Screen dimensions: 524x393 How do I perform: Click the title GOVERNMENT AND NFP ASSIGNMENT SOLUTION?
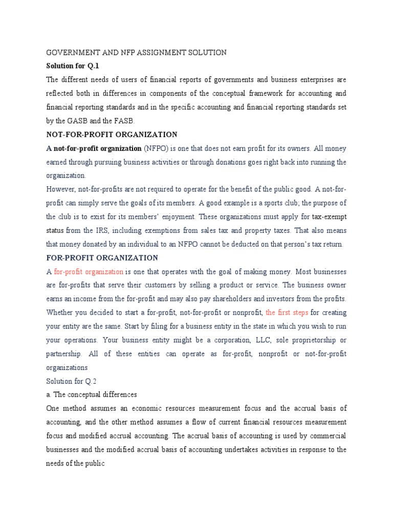point(136,53)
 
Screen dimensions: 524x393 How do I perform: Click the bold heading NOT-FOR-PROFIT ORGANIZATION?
point(112,135)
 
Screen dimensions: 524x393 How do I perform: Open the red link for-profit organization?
point(89,272)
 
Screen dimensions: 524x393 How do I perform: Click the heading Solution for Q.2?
point(69,381)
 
